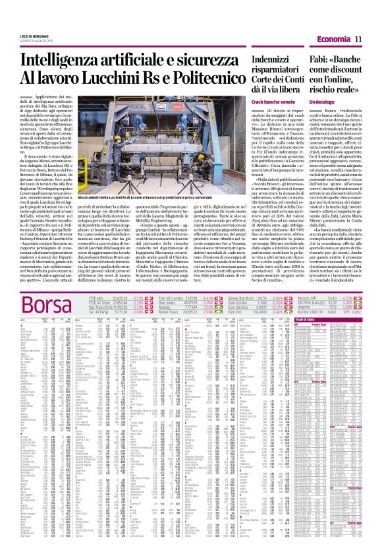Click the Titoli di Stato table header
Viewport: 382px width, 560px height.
pyautogui.click(x=338, y=301)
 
